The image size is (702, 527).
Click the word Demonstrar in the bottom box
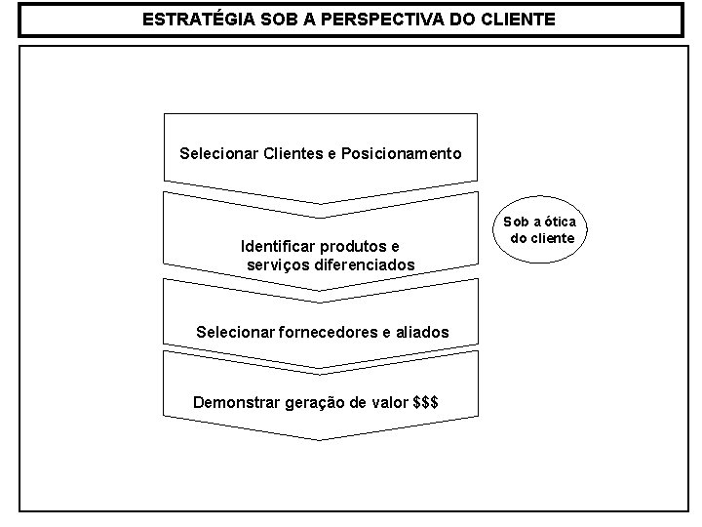233,401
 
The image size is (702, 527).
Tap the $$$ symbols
425,401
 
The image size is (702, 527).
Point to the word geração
312,401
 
